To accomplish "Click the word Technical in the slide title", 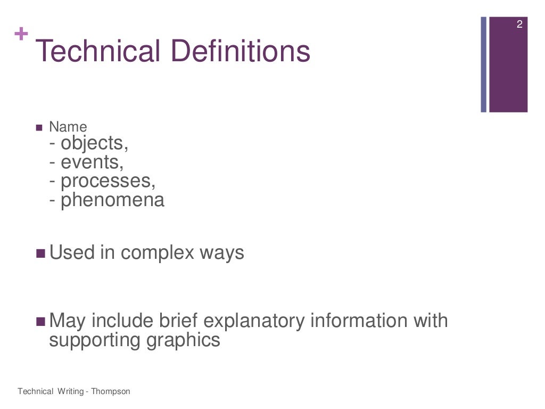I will point(98,52).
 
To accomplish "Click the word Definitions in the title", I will point(241,52).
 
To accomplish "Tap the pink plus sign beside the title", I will point(21,35).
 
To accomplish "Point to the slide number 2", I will point(519,24).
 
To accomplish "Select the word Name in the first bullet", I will point(68,127).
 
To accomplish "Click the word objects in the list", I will point(94,144).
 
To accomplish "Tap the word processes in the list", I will point(108,182).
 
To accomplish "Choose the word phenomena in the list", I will point(113,200).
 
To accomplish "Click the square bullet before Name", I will point(39,128).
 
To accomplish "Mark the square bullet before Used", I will point(40,253).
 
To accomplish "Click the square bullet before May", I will point(40,322).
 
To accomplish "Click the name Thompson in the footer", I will point(110,391).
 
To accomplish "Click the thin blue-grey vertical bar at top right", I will point(484,64).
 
